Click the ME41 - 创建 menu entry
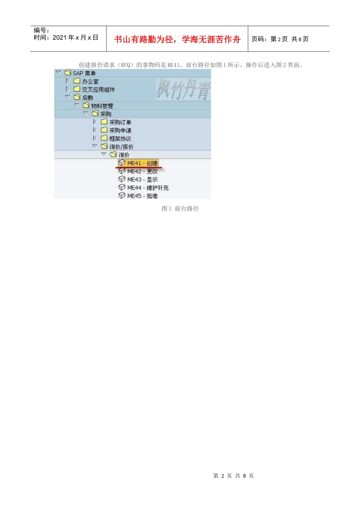[142, 163]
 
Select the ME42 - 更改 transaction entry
[142, 172]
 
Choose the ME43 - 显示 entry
[142, 180]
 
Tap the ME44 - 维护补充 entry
[148, 188]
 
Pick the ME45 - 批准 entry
[142, 196]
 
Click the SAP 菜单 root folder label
[84, 73]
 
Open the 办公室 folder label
[90, 81]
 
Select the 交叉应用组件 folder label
[98, 90]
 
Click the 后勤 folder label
[88, 98]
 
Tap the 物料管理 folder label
[102, 106]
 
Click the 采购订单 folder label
[120, 122]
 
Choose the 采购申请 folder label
[120, 130]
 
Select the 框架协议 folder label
[120, 139]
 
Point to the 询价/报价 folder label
[121, 147]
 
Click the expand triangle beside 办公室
[67, 81]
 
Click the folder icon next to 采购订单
[104, 122]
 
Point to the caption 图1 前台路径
[180, 209]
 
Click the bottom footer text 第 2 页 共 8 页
[233, 476]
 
